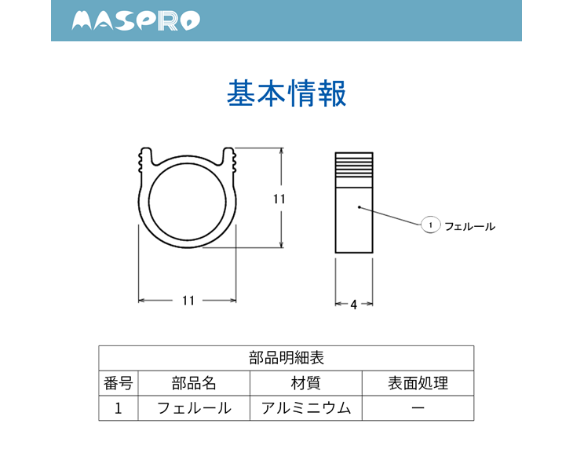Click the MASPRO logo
[136, 20]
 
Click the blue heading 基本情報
[286, 93]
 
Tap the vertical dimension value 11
[279, 199]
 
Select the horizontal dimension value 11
[188, 301]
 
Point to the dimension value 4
[354, 305]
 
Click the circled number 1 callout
[430, 225]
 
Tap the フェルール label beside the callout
[469, 227]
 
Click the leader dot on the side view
[359, 207]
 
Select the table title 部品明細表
[286, 358]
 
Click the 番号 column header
[118, 383]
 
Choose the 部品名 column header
[194, 383]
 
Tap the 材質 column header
[306, 383]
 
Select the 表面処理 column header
[418, 383]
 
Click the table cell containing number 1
[118, 408]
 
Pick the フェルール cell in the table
[194, 408]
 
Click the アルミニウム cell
[306, 408]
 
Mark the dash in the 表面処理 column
[418, 407]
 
